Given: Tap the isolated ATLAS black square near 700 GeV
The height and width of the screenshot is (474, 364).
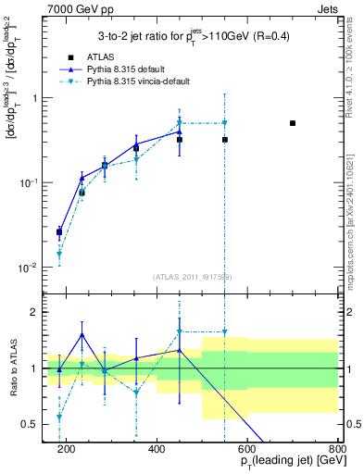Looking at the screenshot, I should point(293,123).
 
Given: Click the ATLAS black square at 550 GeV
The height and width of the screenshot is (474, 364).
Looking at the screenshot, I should point(225,140).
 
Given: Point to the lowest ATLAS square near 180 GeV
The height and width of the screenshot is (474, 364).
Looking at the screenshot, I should point(59,232).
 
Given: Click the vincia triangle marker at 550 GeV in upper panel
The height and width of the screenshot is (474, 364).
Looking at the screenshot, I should point(225,123).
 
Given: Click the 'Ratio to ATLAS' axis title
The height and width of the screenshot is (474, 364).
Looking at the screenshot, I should point(11,368).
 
